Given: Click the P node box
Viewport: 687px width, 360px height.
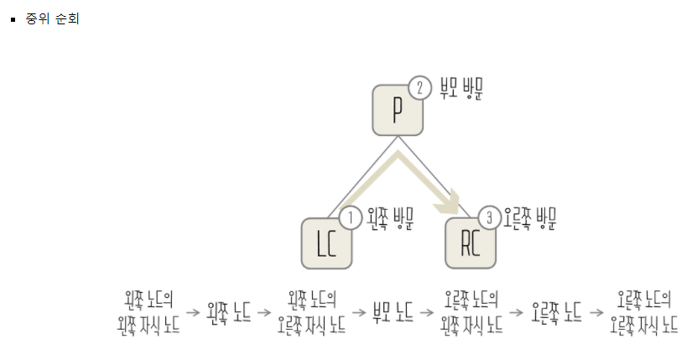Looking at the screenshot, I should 397,110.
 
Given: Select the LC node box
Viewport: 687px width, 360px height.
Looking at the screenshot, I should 326,243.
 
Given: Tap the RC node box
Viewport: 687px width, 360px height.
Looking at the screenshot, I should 470,243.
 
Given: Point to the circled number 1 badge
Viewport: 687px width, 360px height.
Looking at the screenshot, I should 351,218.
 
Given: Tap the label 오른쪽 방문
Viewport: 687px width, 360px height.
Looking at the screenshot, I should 530,220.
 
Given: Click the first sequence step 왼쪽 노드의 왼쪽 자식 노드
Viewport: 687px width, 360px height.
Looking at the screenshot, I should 148,312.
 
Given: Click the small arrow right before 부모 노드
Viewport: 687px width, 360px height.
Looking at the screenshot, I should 357,312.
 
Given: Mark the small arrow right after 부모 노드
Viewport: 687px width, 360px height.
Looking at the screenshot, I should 428,312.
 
